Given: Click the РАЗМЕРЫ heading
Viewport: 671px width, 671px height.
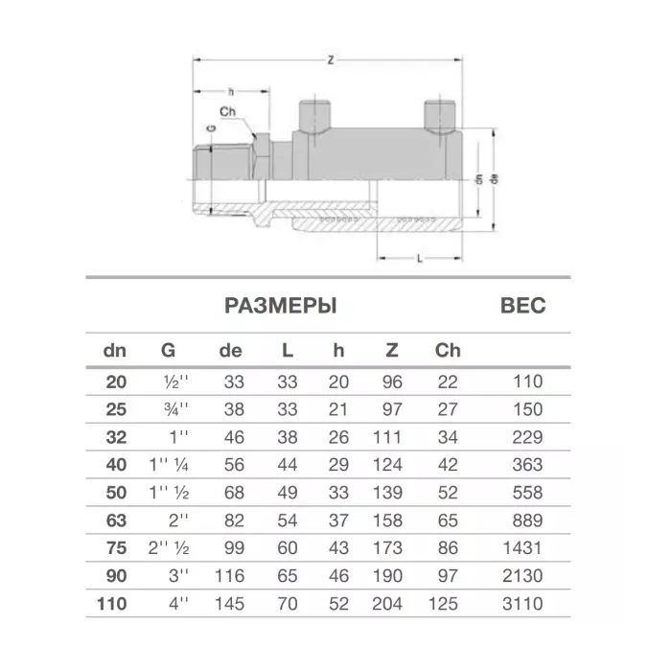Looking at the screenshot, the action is tap(281, 306).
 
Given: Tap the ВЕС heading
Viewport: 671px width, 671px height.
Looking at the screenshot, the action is tap(523, 306).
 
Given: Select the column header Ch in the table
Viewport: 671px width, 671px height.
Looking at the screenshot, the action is tap(448, 351).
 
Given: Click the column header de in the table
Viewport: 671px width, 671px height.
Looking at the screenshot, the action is tap(231, 351).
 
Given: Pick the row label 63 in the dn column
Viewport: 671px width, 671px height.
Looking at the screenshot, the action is tap(116, 521).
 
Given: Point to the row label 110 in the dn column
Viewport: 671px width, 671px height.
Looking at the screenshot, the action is tap(112, 604).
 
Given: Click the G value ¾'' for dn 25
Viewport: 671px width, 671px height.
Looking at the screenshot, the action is tap(175, 409).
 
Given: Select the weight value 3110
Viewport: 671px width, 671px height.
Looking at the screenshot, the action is tap(522, 604).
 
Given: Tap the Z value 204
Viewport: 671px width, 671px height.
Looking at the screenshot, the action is tap(387, 604).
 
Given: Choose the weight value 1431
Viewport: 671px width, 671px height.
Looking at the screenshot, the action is tap(522, 548).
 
